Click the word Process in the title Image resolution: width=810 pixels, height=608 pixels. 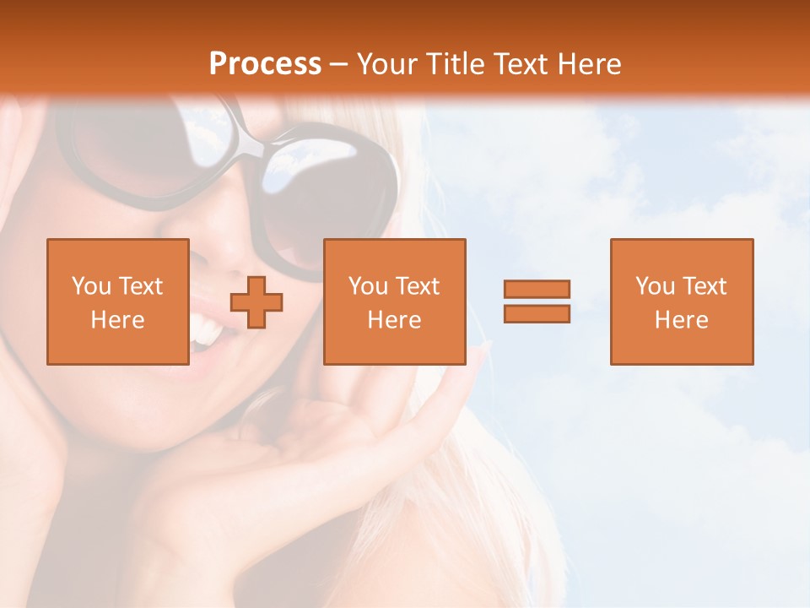click(265, 64)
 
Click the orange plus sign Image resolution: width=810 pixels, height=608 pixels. click(256, 301)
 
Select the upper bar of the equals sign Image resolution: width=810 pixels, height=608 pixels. click(537, 289)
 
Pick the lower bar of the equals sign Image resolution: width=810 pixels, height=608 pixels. click(537, 313)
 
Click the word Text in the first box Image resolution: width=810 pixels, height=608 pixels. click(140, 286)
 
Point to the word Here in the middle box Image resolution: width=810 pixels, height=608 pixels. click(394, 320)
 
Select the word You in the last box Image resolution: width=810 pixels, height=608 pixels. click(655, 286)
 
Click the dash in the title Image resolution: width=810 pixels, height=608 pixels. click(339, 64)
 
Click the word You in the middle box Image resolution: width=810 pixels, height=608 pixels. click(368, 286)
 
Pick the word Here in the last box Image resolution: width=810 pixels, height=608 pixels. click(682, 320)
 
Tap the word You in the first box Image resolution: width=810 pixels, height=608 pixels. click(91, 286)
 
